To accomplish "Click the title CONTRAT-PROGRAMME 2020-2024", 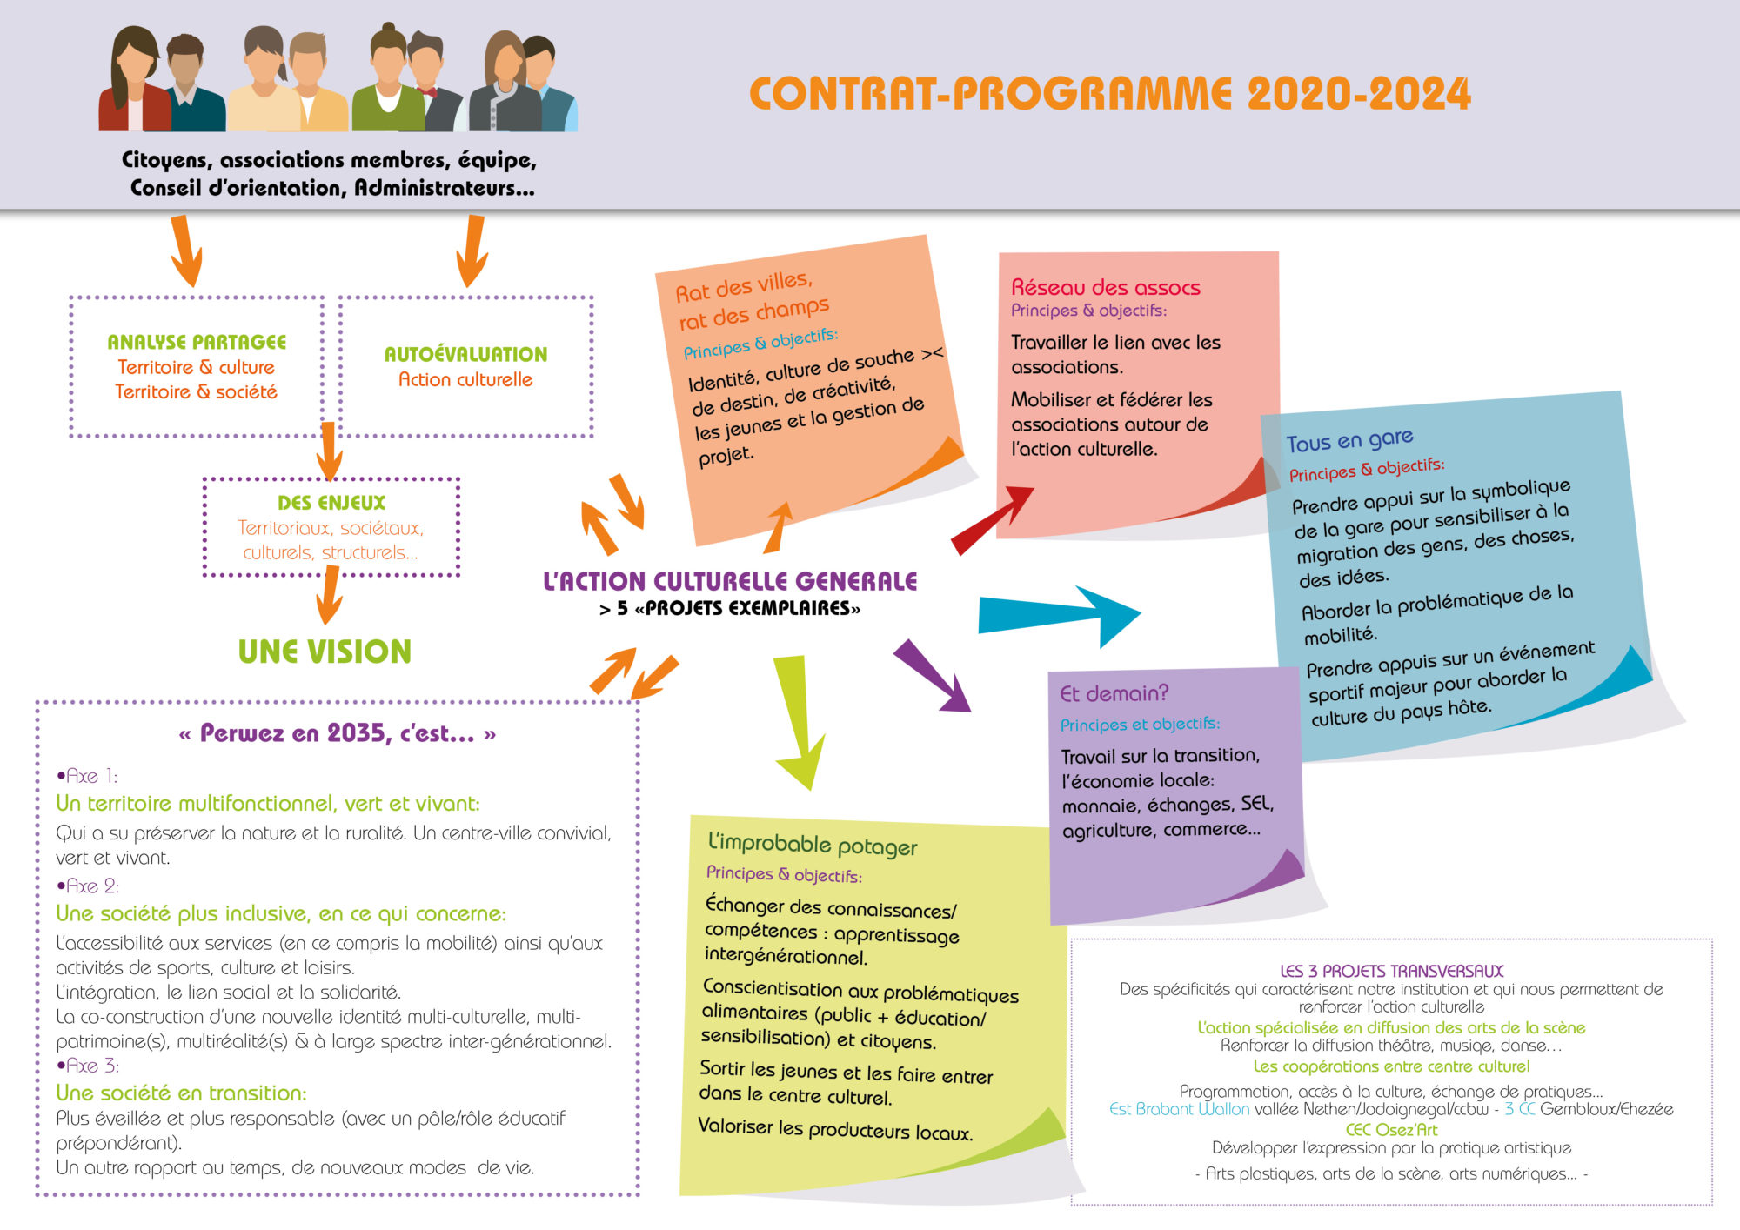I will coord(1109,94).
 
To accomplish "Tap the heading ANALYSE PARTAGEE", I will coord(197,342).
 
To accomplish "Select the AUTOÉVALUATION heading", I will coord(465,354).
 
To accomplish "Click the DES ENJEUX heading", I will coord(331,503).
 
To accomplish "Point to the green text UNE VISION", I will coord(325,652).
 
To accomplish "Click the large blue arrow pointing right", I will coord(1057,614).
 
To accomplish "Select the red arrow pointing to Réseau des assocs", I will coord(992,519).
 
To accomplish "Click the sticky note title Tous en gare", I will coord(1349,440).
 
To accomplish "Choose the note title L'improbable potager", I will coord(813,844).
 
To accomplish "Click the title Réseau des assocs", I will coord(1105,287).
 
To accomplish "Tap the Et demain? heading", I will coord(1114,693).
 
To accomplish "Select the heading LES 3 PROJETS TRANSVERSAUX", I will coord(1391,971).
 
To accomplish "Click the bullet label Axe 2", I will coord(89,886).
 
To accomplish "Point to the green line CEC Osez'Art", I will coord(1391,1129).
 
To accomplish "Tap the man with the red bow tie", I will coord(426,83).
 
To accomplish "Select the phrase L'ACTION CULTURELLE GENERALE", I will coord(730,581).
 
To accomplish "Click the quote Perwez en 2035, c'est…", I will coord(338,733).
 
